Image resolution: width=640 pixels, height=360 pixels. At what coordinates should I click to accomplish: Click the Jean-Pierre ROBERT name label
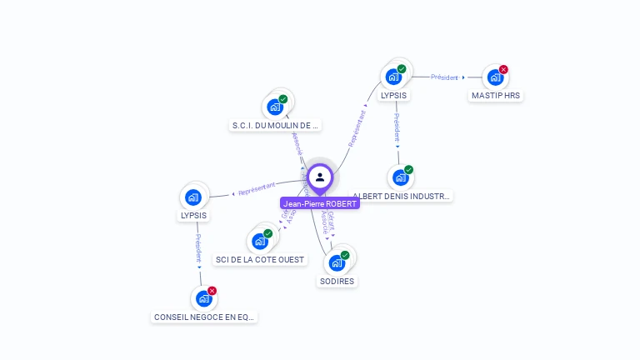pos(320,204)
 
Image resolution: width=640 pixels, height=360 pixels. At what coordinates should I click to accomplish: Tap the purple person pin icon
pos(320,177)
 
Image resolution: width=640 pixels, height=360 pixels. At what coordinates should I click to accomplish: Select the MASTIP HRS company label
pos(496,96)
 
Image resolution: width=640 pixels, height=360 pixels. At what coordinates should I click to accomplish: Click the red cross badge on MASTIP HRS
pos(503,70)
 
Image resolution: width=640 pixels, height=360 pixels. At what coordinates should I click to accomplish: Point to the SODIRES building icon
pos(337,263)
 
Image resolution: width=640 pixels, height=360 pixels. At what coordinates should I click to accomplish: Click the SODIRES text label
pos(337,282)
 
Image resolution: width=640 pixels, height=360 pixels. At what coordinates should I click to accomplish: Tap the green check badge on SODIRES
pos(345,255)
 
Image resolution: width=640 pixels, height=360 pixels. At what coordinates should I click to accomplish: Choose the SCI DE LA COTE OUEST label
pos(260,260)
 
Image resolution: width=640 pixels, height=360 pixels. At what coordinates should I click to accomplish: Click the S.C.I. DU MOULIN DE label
pos(275,126)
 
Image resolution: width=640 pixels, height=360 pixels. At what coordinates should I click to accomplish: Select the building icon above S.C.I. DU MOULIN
pos(275,107)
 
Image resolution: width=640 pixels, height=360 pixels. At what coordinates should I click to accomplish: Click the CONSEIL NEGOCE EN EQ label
pos(205,317)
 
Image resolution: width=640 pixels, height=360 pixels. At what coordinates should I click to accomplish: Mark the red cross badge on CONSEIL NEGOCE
pos(212,291)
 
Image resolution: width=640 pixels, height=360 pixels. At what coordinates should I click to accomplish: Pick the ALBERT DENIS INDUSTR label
pos(402,197)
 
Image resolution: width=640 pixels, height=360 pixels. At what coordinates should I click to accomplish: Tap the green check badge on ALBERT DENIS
pos(408,170)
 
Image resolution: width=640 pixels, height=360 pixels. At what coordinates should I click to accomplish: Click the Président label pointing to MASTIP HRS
pos(445,77)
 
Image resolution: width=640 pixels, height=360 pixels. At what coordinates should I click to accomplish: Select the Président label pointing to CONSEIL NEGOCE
pos(198,248)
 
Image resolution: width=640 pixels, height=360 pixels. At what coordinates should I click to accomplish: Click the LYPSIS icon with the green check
pos(394,77)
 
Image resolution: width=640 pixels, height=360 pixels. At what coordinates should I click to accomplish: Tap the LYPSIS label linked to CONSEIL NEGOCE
pos(193,216)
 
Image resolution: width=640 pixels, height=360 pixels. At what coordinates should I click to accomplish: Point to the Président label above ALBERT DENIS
pos(397,127)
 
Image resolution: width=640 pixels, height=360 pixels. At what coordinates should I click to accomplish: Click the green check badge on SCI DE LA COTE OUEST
pos(267,234)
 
